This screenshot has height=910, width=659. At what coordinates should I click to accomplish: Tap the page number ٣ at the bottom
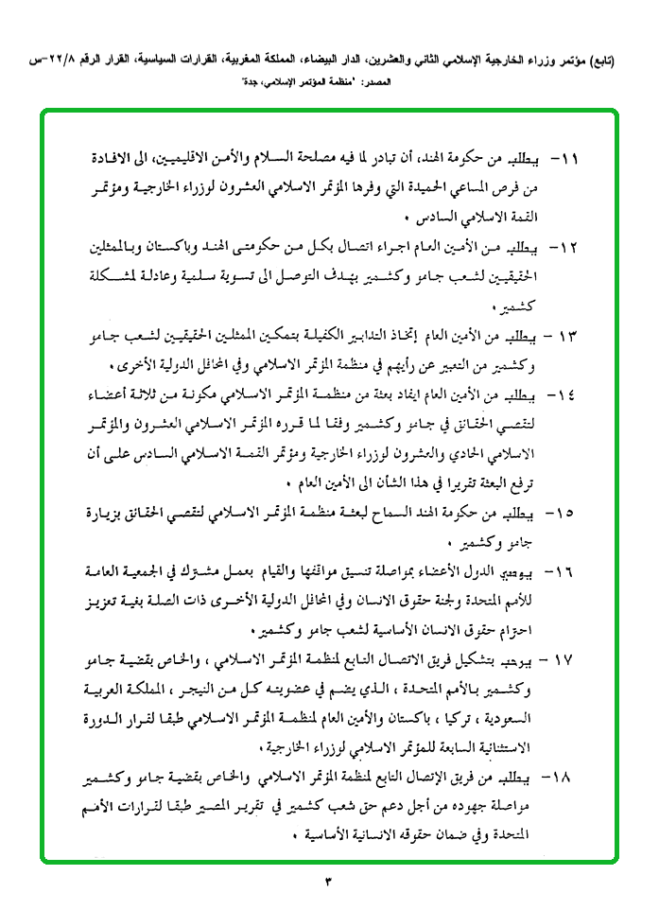coord(329,883)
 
